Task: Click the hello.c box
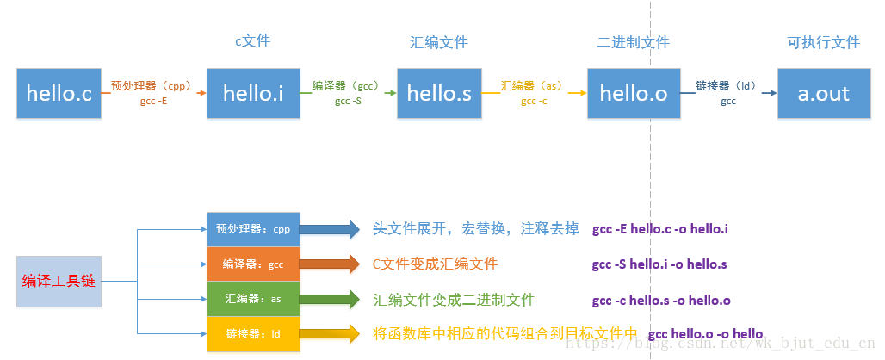[x=59, y=93]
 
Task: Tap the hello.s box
[x=439, y=93]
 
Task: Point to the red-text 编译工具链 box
[x=59, y=282]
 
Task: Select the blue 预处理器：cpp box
[x=253, y=229]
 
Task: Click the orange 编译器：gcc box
[x=253, y=264]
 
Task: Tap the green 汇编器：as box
[x=253, y=299]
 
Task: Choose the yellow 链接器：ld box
[x=253, y=334]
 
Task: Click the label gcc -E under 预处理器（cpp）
[x=152, y=102]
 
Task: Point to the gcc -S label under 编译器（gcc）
[x=348, y=102]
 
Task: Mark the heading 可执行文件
[x=824, y=42]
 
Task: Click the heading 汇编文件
[x=438, y=42]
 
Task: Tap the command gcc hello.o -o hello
[x=706, y=333]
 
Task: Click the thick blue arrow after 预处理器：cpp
[x=329, y=229]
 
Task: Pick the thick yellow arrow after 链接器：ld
[x=329, y=334]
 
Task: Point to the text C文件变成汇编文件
[x=435, y=264]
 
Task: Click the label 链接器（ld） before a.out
[x=726, y=86]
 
